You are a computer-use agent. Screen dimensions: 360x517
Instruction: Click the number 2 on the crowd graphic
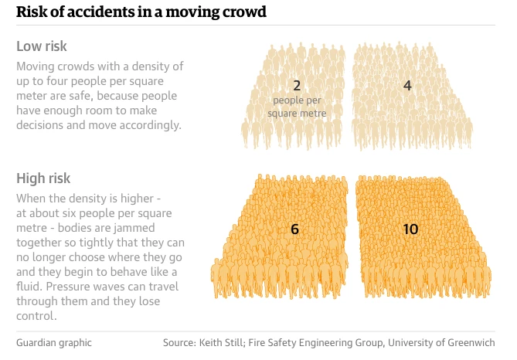[x=297, y=85]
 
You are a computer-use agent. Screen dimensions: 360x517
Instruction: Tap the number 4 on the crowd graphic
[x=407, y=85]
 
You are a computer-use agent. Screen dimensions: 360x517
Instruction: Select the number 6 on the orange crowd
[x=294, y=229]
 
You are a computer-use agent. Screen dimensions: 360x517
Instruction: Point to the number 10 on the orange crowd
[x=411, y=229]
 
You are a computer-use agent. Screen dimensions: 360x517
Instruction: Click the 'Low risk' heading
[x=41, y=46]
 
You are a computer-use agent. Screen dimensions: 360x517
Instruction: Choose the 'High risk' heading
[x=43, y=179]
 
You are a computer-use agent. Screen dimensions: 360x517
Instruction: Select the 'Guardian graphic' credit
[x=53, y=342]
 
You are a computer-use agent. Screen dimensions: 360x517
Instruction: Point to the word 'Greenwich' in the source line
[x=468, y=342]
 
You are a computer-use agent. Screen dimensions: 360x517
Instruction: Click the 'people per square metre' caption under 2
[x=297, y=107]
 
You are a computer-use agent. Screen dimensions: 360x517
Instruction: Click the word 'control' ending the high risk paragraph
[x=36, y=316]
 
